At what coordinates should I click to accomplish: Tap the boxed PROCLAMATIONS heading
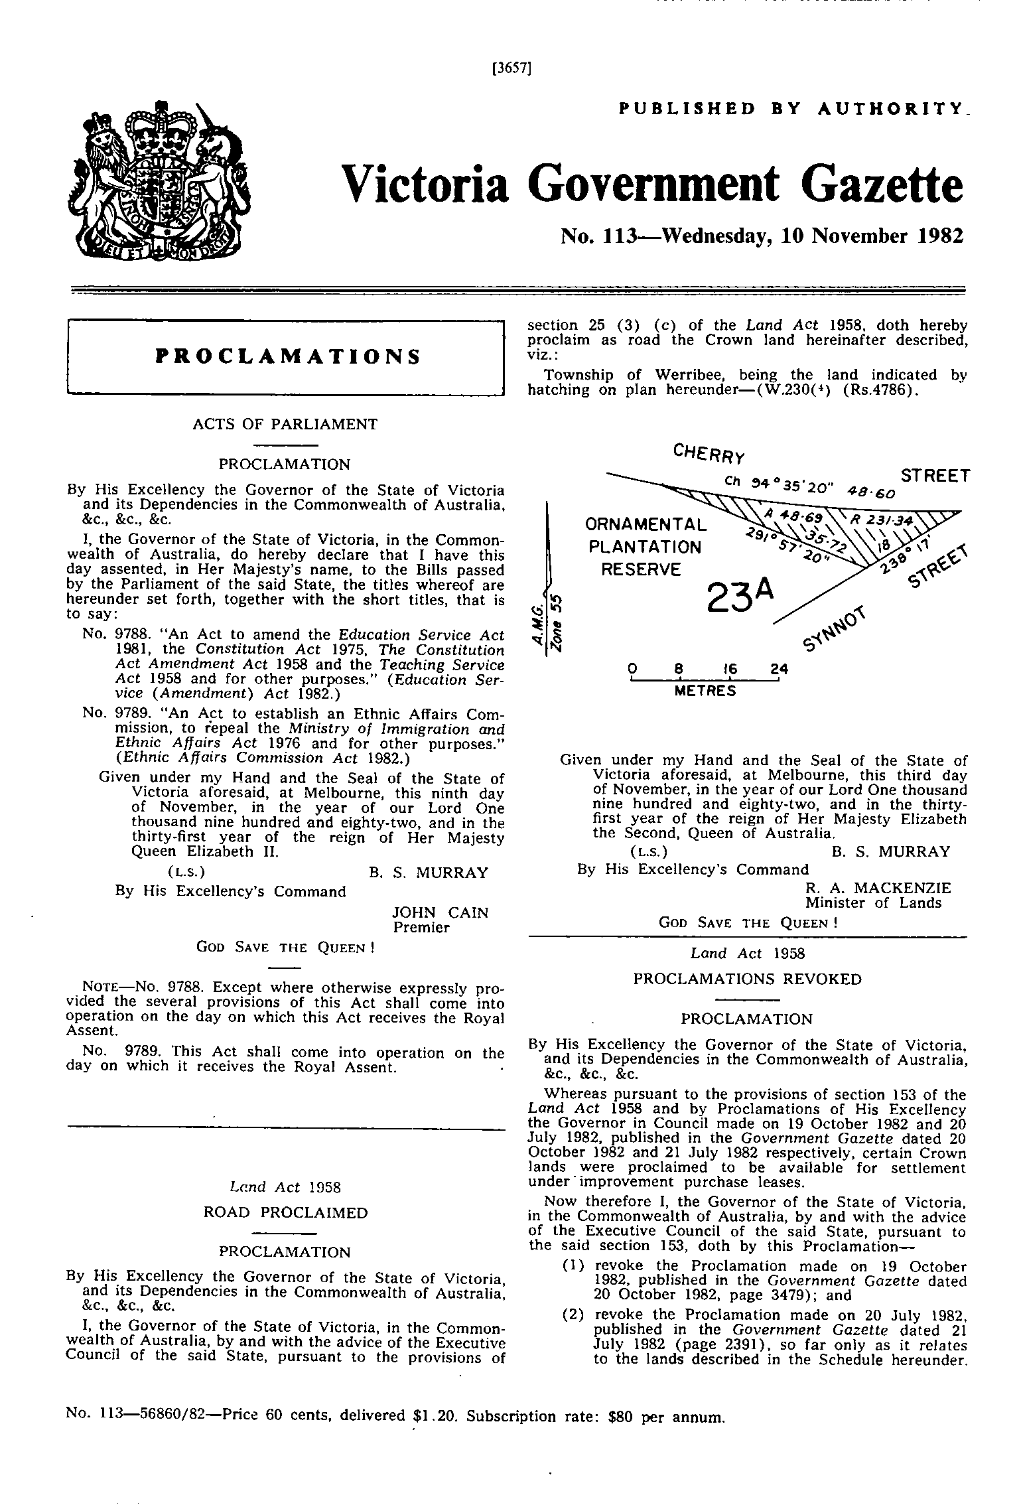tap(287, 357)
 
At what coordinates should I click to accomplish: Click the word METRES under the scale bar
tap(705, 691)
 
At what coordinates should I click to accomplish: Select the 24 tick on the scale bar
tap(779, 670)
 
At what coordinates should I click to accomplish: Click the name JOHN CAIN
tap(440, 913)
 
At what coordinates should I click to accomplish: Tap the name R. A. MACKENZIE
tap(878, 888)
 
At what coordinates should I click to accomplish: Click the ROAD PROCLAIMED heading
tap(285, 1213)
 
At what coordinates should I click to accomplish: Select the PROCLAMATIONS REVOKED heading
tap(747, 979)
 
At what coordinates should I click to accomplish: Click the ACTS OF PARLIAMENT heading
tap(285, 424)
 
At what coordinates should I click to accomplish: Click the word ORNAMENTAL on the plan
tap(645, 525)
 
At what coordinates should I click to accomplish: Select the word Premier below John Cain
tap(421, 927)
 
